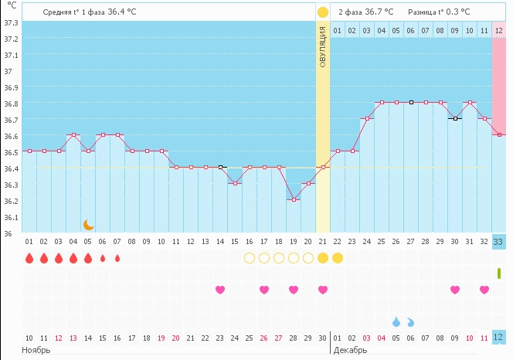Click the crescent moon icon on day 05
[89, 225]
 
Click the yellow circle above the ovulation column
[323, 12]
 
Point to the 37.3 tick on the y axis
[12, 22]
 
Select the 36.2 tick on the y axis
[12, 200]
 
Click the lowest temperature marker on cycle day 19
[294, 199]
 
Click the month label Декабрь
[350, 350]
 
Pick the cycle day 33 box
[499, 242]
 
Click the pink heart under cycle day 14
[220, 290]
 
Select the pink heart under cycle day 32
[484, 290]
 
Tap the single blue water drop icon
[396, 321]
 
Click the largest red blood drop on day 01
[29, 258]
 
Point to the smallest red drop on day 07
[117, 258]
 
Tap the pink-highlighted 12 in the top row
[499, 30]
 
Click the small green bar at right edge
[499, 273]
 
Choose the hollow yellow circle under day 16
[250, 258]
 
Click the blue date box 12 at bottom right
[499, 337]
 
